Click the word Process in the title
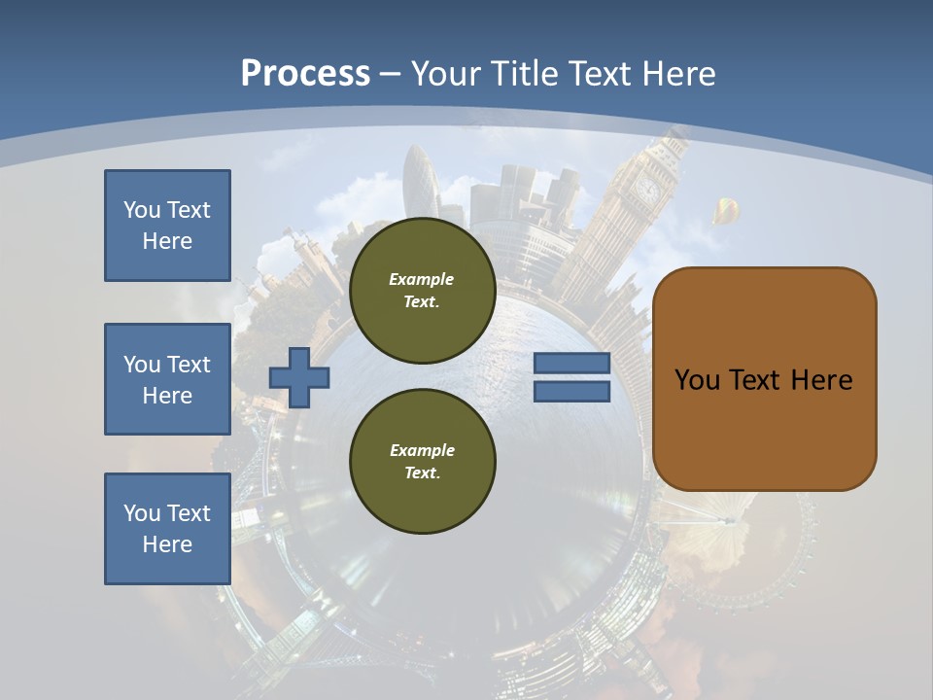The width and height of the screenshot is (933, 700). point(305,74)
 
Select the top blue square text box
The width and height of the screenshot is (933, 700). point(167,226)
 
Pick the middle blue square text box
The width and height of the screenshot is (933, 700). point(167,379)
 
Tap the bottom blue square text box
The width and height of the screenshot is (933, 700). point(167,529)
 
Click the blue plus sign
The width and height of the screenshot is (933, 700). point(299,377)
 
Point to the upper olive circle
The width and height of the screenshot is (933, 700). point(422,291)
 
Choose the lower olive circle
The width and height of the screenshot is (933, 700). point(422,462)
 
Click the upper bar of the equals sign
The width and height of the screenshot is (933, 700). point(571,364)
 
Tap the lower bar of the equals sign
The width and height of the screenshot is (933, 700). point(571,391)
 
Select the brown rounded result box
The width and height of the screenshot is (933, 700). point(764,379)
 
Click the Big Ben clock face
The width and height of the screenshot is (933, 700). point(647,189)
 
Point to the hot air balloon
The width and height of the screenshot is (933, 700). point(723,210)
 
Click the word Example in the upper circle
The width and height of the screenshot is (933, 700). point(422,279)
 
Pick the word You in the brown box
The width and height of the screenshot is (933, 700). point(696,380)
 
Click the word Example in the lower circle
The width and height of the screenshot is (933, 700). point(422,450)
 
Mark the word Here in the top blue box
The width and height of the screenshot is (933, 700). point(167,241)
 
